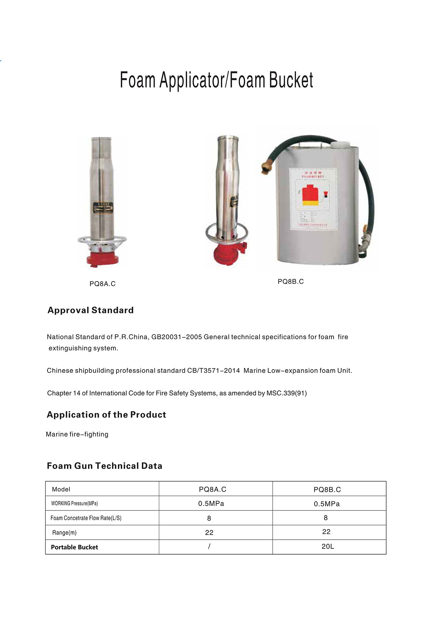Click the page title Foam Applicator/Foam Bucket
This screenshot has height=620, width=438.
[216, 80]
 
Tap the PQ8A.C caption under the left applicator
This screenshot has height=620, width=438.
[103, 284]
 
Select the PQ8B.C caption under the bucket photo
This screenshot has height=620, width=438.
[291, 282]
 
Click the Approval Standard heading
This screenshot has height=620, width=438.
[91, 310]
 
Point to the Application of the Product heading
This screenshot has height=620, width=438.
[106, 415]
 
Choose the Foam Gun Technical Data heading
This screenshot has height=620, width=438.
[104, 466]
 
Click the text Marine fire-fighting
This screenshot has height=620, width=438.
[77, 434]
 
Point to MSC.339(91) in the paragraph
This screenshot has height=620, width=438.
[287, 393]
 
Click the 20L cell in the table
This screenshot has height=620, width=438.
[328, 547]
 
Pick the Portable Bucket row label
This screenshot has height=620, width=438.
[74, 547]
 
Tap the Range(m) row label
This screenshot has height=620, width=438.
[64, 533]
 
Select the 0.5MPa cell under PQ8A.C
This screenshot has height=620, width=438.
[211, 504]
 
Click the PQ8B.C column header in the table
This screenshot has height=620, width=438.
[327, 490]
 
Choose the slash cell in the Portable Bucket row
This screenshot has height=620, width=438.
[209, 547]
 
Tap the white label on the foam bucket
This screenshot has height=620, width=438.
[313, 199]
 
